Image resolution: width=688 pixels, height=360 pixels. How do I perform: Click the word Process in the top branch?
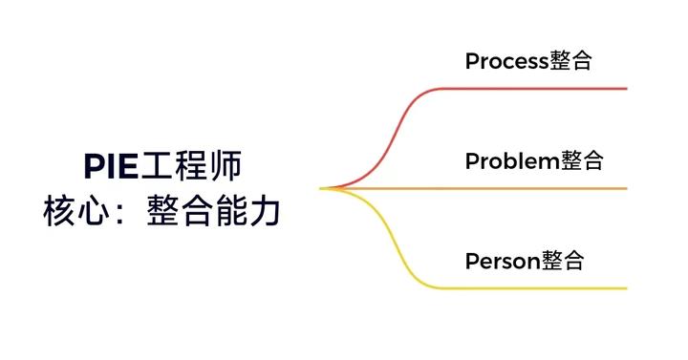(506, 62)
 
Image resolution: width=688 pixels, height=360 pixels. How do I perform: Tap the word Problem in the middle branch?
(511, 161)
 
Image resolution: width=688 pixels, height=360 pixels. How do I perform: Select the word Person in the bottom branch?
(503, 261)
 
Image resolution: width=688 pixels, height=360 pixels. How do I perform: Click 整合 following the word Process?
(571, 62)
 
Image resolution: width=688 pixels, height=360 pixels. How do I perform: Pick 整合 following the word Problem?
(582, 161)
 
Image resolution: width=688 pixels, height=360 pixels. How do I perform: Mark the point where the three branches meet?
(322, 188)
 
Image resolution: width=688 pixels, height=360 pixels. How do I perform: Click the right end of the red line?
(624, 89)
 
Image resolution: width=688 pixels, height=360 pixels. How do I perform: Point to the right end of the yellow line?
(624, 287)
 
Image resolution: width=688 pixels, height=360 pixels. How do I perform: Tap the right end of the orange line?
(624, 188)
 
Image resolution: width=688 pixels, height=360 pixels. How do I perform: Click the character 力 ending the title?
(267, 211)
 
